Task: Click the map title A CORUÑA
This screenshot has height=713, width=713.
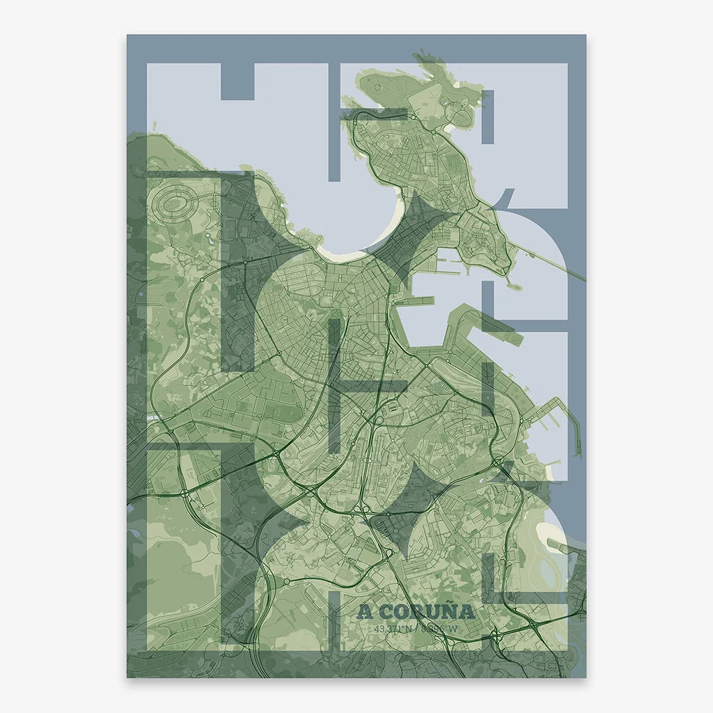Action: coord(416,612)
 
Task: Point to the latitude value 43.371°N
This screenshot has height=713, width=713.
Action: coord(393,629)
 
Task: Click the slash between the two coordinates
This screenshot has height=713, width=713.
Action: coord(416,629)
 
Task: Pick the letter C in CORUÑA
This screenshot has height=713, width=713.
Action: coord(384,613)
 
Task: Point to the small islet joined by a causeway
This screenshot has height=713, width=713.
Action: coord(515,285)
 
